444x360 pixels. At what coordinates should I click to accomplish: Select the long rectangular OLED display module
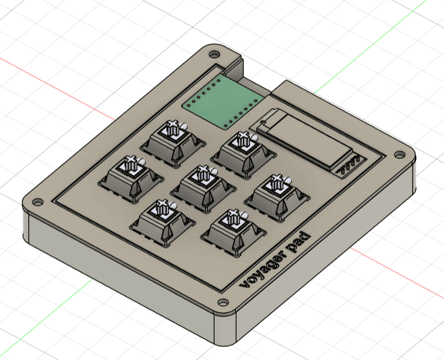tap(303, 137)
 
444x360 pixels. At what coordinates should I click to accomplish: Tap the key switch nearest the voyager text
tap(231, 229)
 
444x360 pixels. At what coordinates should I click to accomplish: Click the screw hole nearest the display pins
tap(399, 153)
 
